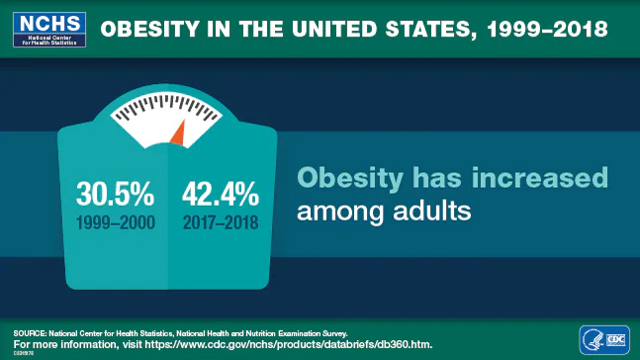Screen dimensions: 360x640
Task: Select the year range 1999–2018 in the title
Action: click(x=542, y=29)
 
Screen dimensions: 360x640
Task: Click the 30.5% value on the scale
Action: click(x=115, y=192)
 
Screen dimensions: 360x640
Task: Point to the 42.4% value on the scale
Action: click(x=220, y=192)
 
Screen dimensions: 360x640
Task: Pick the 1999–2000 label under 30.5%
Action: click(x=116, y=222)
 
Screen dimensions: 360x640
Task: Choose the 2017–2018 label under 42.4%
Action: click(x=220, y=222)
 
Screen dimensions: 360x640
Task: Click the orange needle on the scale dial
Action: click(x=177, y=133)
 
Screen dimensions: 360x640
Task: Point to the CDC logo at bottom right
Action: click(x=615, y=339)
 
